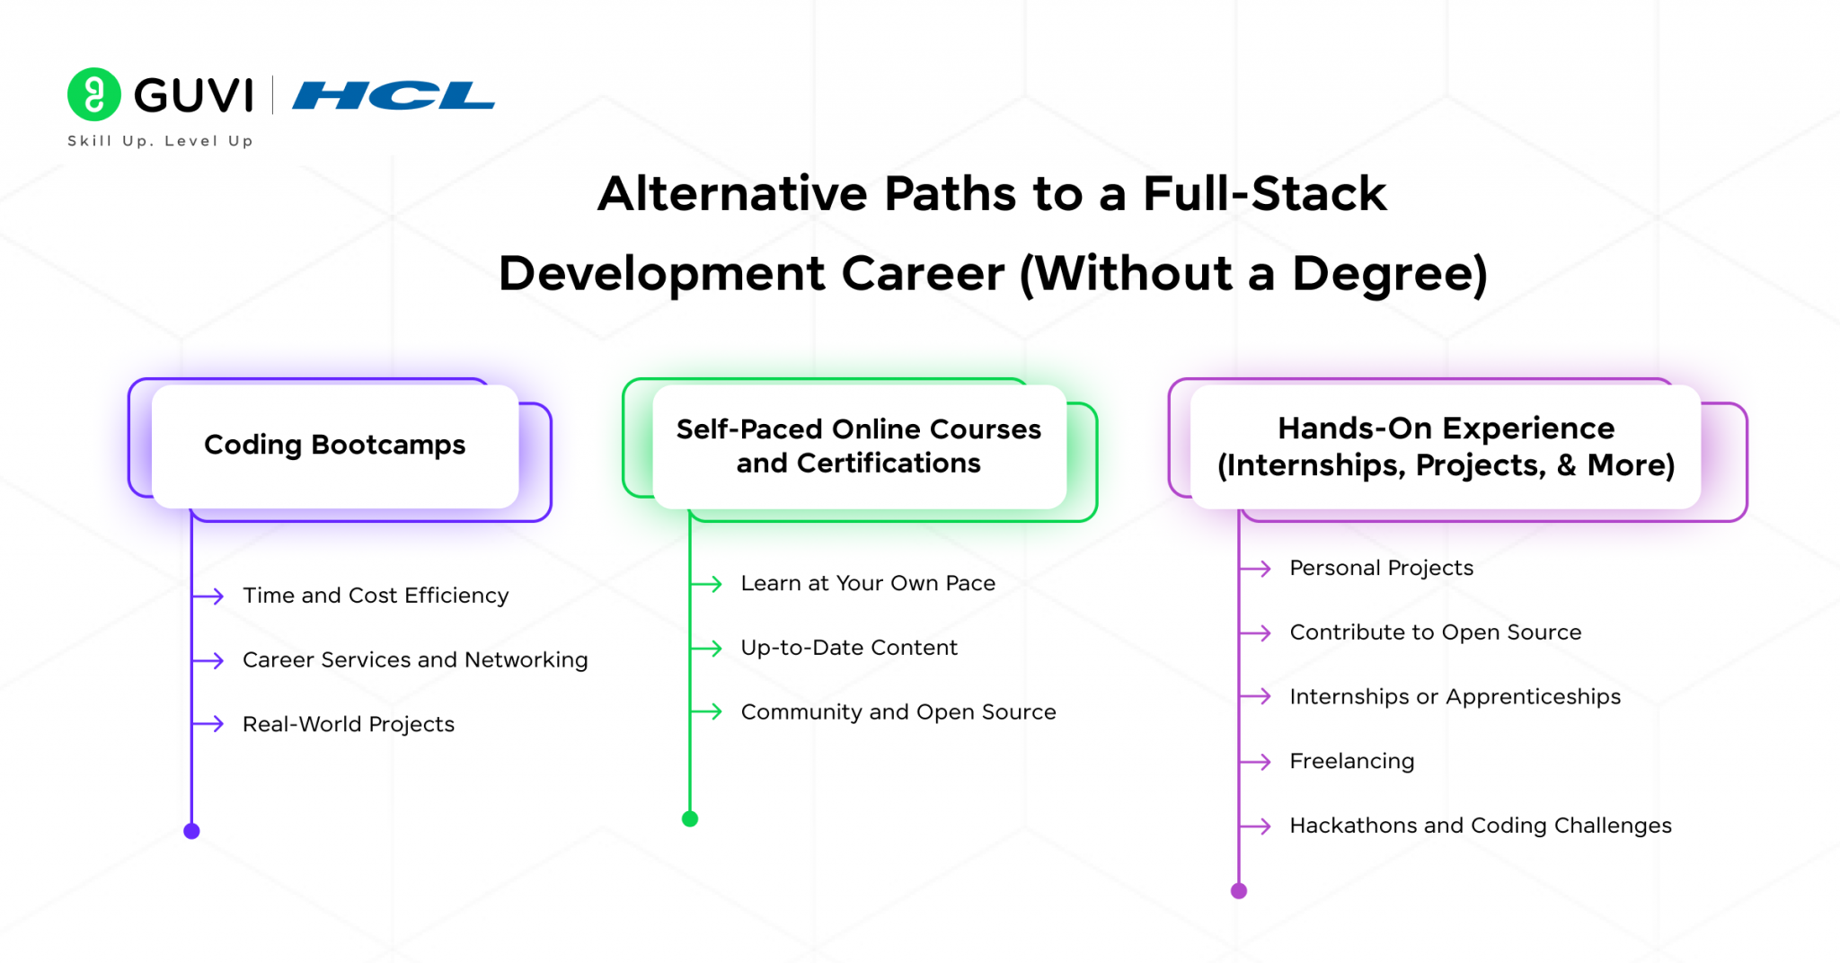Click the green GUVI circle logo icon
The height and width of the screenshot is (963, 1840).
(94, 94)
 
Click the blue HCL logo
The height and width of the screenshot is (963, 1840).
(393, 95)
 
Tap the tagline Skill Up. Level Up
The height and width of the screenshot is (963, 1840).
(160, 141)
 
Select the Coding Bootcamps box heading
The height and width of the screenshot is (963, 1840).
(334, 445)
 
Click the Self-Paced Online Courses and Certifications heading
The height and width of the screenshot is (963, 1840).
(858, 446)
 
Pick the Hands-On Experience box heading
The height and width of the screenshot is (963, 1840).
(1446, 446)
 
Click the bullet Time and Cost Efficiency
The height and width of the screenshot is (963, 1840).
(376, 596)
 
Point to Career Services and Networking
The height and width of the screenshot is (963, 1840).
(415, 660)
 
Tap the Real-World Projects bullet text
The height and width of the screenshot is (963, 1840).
(349, 724)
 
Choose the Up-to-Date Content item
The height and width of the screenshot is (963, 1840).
(849, 648)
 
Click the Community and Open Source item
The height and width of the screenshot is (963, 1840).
(898, 712)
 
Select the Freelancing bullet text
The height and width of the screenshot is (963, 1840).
(1352, 762)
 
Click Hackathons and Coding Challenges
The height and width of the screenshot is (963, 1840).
(1481, 826)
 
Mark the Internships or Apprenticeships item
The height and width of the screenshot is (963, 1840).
(1455, 697)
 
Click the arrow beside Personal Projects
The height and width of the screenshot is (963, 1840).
(1256, 569)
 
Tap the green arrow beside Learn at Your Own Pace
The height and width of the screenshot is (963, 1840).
(707, 584)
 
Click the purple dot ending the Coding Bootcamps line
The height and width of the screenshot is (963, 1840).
(191, 831)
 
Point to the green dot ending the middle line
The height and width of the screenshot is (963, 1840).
(690, 818)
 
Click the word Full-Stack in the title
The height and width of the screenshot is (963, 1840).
(1264, 194)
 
